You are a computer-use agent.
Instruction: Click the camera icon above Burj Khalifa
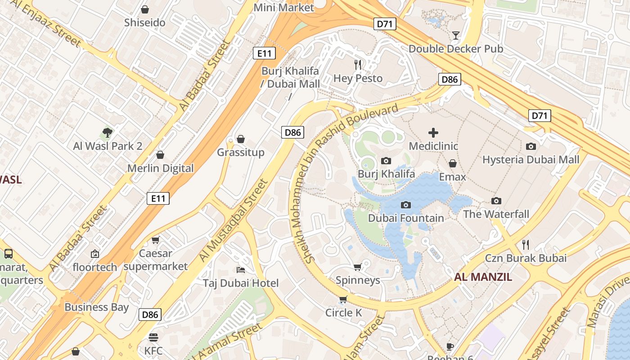coord(386,161)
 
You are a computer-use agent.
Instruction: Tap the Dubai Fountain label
coord(406,218)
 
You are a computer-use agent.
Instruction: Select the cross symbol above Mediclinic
coord(433,133)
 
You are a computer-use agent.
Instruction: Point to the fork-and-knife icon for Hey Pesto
coord(358,65)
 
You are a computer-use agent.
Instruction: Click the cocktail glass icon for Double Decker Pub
coord(456,35)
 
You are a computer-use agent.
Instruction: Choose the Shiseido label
coord(145,22)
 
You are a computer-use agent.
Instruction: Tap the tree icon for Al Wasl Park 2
coord(107,132)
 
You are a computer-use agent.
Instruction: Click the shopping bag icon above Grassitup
coord(241,139)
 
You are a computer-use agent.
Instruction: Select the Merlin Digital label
coord(160,168)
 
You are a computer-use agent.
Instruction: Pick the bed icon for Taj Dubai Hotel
coord(241,270)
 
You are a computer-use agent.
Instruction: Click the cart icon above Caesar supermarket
coord(156,240)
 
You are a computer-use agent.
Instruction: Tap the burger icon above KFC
coord(153,337)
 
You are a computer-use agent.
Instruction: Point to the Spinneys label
coord(358,280)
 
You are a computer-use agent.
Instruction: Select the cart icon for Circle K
coord(343,299)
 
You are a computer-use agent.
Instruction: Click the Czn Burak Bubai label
coord(525,258)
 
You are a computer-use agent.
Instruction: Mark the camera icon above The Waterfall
coord(496,201)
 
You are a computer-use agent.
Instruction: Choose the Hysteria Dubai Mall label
coord(531,160)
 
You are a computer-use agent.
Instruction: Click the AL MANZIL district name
coord(483,277)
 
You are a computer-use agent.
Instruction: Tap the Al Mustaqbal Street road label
coord(233,220)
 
